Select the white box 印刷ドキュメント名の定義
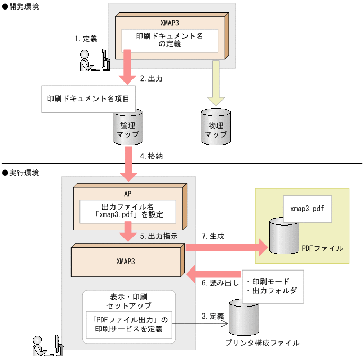click(x=170, y=40)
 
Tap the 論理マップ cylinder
click(x=128, y=128)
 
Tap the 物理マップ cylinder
click(x=216, y=127)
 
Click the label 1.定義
click(x=86, y=39)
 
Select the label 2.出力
click(x=151, y=78)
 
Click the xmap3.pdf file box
click(x=307, y=209)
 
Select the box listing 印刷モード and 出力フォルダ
click(x=272, y=286)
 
